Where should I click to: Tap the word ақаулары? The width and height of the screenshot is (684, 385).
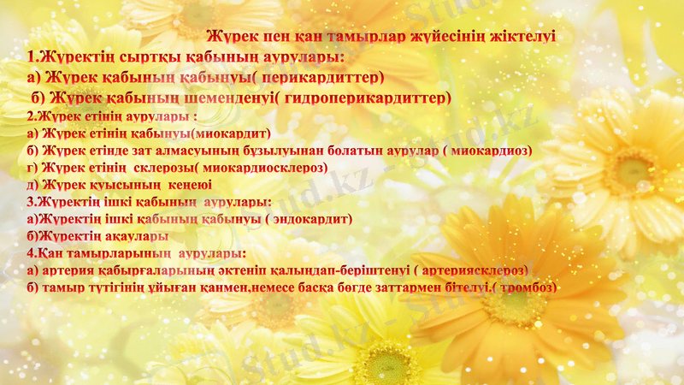coord(138,235)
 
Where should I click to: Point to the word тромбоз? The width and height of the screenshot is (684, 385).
coord(523,287)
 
